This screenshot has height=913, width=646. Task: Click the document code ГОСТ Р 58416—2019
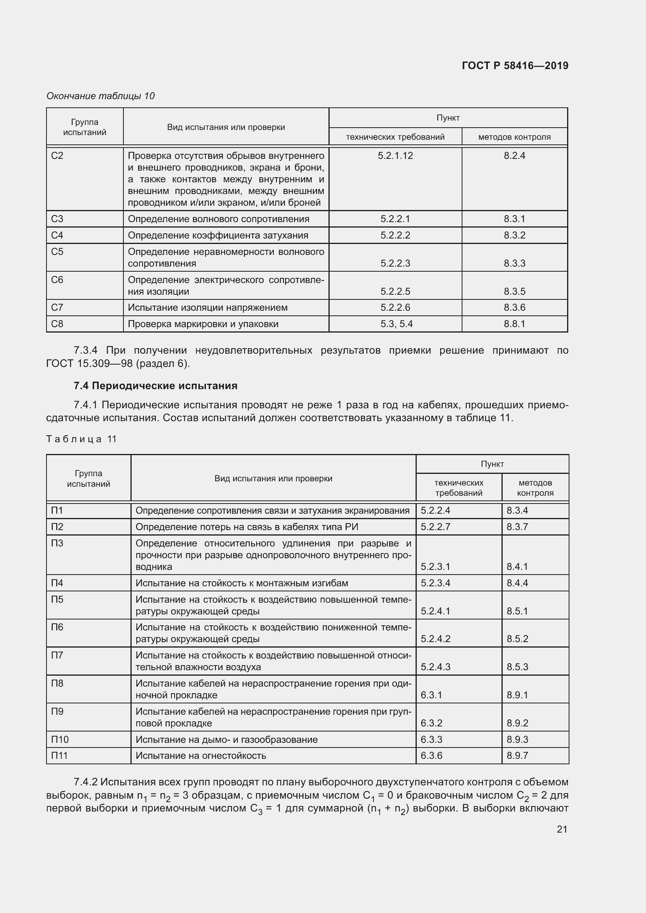point(515,66)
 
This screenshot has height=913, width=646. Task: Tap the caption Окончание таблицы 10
point(100,96)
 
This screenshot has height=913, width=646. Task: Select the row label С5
point(57,252)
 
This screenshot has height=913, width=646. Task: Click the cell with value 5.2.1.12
point(395,155)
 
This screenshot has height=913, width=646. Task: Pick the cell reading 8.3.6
point(514,307)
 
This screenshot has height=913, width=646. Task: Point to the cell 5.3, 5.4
point(396,324)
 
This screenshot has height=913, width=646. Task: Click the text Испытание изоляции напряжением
point(207,307)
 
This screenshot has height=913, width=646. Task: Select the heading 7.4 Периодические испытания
point(155,386)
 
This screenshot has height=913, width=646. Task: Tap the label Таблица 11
point(82,439)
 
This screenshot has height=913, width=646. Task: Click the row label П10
point(60,739)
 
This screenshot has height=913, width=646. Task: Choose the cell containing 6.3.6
point(431,756)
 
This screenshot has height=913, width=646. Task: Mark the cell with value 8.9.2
point(517,723)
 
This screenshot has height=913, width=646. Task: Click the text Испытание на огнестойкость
point(200,756)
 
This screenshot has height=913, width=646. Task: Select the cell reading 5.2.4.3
point(435,667)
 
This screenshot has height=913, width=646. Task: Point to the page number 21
point(562,829)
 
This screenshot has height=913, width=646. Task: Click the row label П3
point(57,543)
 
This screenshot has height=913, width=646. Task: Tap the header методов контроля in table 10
point(514,137)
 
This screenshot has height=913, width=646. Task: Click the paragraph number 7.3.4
point(86,350)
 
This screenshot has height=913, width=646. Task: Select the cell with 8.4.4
point(517,583)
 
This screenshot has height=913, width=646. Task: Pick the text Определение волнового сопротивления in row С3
point(218,219)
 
